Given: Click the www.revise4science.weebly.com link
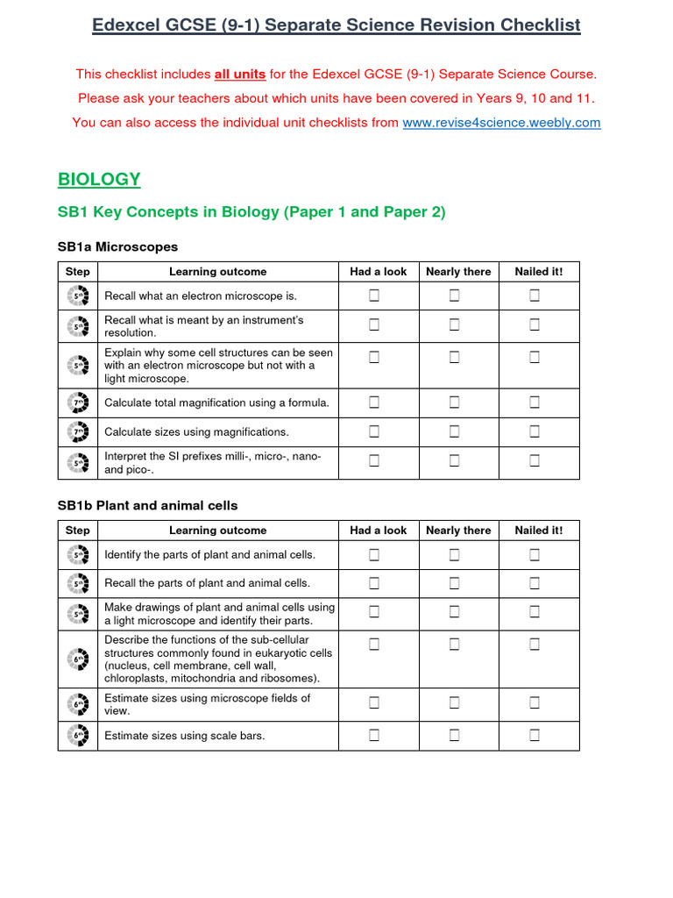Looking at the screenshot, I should [501, 123].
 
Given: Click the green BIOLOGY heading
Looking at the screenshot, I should [99, 179].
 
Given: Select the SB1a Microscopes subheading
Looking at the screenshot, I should [117, 247].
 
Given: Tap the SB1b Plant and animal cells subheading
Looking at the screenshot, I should [147, 506].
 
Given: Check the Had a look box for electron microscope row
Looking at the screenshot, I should [374, 296].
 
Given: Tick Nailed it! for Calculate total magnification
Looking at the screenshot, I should [535, 403].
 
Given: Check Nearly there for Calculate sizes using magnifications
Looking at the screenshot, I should [455, 431].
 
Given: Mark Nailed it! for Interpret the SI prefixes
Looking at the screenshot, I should [535, 460].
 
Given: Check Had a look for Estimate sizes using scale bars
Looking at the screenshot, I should [374, 736].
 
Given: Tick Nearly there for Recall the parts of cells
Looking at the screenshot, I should [455, 583].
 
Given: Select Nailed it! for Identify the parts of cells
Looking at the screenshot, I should [535, 554].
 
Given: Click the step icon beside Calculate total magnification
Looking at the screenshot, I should [78, 403].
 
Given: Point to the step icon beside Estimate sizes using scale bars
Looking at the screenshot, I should [78, 736].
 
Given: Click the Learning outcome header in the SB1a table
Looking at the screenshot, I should [217, 272].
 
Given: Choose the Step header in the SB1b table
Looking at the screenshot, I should [77, 531].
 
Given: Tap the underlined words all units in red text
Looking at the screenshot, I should [240, 75].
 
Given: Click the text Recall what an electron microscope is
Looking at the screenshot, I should [201, 296].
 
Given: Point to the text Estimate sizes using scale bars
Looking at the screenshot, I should [184, 736].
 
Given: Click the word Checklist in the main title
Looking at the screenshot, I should [539, 25].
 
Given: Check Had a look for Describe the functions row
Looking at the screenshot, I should [374, 645].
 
